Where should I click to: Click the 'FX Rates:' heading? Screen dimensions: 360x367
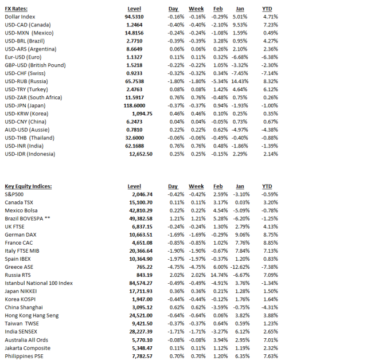pyautogui.click(x=16, y=9)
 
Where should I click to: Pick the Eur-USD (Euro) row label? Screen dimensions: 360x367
pyautogui.click(x=23, y=57)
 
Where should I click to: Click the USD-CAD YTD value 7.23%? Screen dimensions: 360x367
pyautogui.click(x=270, y=25)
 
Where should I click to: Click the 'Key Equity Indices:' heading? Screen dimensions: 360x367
pyautogui.click(x=28, y=186)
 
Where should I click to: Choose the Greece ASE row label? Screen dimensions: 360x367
pyautogui.click(x=19, y=267)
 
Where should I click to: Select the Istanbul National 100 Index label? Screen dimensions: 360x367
pyautogui.click(x=38, y=283)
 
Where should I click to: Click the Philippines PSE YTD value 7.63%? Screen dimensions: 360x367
pyautogui.click(x=270, y=355)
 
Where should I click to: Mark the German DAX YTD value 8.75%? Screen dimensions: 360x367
pyautogui.click(x=270, y=234)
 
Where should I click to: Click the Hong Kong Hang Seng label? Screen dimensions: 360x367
pyautogui.click(x=32, y=315)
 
